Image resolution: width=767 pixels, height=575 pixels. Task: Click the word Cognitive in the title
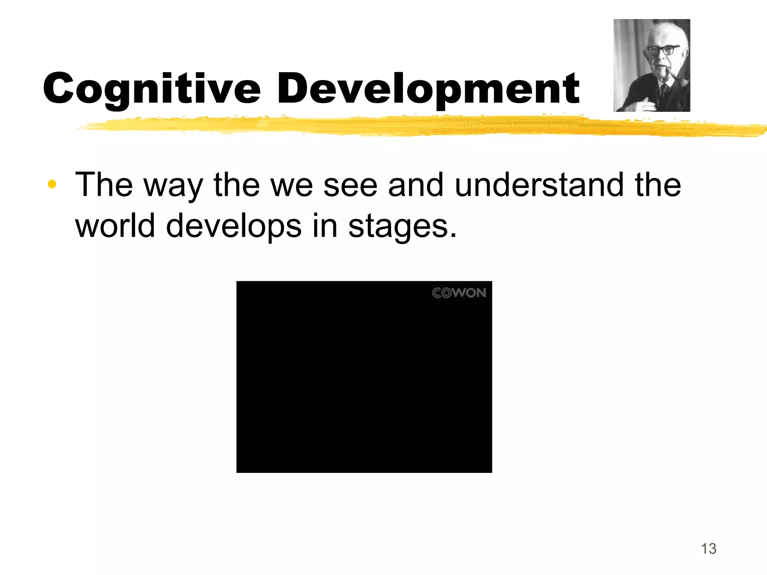(152, 89)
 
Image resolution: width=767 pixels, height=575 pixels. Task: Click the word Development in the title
(428, 89)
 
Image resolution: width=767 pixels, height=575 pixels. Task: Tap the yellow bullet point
(52, 184)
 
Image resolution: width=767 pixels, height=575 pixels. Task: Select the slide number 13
(708, 549)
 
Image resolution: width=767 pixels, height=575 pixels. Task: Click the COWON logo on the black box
(459, 293)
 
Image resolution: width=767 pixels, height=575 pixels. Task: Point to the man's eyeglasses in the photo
(663, 50)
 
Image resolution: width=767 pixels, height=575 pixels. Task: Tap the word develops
(234, 226)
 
